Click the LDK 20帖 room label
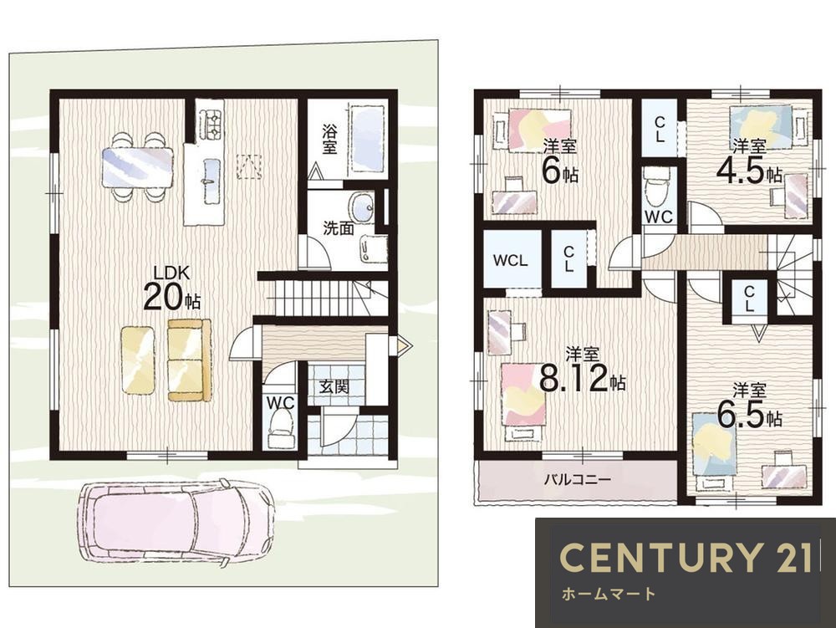pyautogui.click(x=171, y=288)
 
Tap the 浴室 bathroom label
pyautogui.click(x=329, y=139)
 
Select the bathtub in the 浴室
pyautogui.click(x=369, y=139)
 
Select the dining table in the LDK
pyautogui.click(x=138, y=167)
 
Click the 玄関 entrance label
pyautogui.click(x=335, y=387)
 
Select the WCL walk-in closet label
pyautogui.click(x=510, y=261)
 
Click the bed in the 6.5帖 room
pyautogui.click(x=715, y=451)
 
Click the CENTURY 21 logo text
pyautogui.click(x=686, y=557)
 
